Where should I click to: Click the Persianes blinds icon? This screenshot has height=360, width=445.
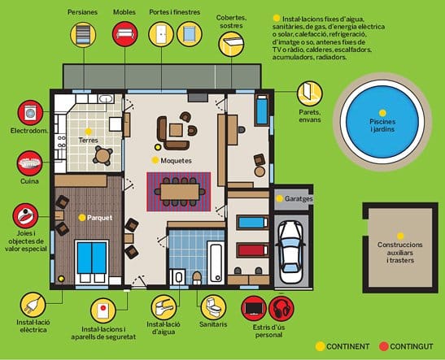83,35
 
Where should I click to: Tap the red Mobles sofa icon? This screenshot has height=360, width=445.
124,34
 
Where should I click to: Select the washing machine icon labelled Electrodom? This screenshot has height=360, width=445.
30,113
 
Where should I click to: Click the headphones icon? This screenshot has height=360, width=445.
281,309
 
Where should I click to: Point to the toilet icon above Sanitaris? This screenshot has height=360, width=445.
213,307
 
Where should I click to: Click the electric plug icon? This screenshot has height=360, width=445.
33,306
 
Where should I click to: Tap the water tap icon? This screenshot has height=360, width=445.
164,307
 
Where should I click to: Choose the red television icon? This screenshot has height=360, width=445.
254,309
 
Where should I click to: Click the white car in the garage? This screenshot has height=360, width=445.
290,252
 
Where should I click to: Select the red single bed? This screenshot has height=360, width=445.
252,250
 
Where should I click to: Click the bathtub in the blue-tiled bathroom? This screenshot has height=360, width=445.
216,262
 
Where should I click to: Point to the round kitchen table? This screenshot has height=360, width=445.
103,155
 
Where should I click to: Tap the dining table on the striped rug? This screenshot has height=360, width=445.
180,192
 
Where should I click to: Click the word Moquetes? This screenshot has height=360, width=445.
176,161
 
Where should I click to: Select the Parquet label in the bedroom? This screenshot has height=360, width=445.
99,218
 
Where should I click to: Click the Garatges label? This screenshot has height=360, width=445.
299,199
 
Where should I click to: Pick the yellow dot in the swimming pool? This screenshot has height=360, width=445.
382,113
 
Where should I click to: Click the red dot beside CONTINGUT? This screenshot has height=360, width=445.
383,346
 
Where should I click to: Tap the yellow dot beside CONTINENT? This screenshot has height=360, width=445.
320,346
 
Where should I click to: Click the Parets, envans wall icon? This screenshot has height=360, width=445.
310,93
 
